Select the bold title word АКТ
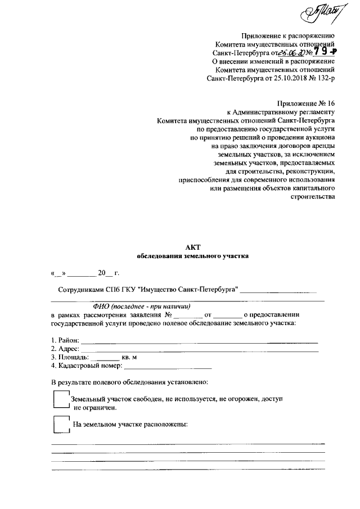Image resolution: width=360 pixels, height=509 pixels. point(193,246)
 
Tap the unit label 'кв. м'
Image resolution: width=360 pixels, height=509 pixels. point(129,357)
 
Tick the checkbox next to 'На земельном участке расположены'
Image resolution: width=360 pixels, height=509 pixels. point(59,424)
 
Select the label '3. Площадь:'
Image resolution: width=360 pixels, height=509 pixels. point(69,357)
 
